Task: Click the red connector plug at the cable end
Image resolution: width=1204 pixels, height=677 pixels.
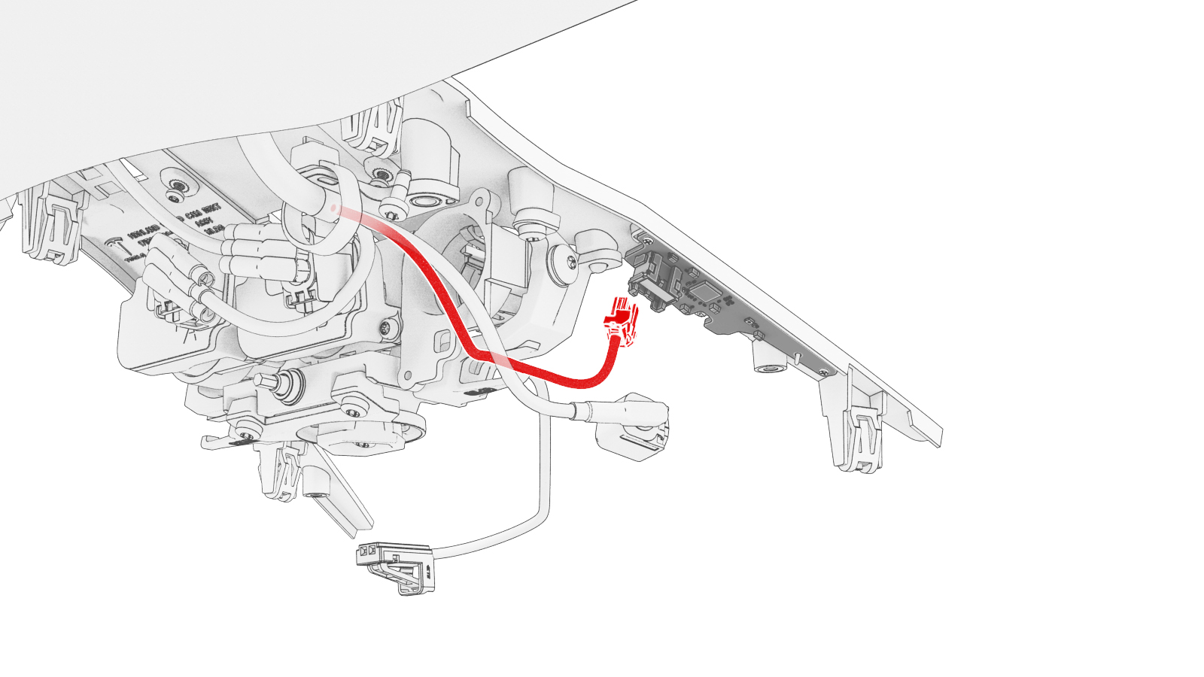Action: tap(621, 322)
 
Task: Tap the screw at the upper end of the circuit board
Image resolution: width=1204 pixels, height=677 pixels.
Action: tap(646, 242)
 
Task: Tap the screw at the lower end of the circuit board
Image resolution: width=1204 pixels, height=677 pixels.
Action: tap(825, 371)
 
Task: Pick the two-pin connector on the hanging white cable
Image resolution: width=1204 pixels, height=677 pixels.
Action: tap(395, 563)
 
